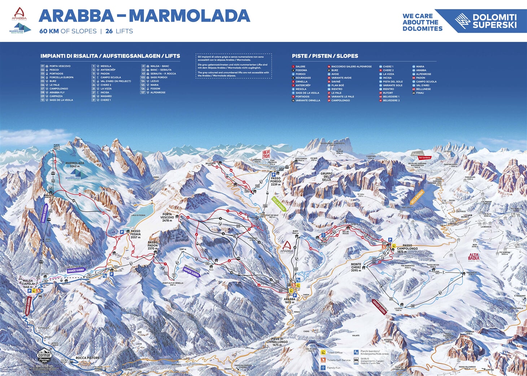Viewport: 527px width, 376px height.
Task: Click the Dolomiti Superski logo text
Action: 494,21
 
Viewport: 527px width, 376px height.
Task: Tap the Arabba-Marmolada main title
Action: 144,16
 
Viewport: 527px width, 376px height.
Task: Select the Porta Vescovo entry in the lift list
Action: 60,66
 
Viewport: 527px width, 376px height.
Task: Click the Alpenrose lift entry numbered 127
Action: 157,92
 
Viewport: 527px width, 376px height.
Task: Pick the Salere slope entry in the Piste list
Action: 300,66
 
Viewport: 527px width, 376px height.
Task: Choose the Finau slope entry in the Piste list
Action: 420,93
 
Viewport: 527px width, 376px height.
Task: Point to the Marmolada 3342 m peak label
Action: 74,165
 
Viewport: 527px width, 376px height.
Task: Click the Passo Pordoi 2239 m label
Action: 275,181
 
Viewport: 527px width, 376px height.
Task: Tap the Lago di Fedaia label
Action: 138,215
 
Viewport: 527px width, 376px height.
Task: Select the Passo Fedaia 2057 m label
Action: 135,234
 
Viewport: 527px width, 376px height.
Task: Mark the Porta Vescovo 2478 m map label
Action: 167,217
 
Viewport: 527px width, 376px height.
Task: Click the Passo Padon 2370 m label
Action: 153,245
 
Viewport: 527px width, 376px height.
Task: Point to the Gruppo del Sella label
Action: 326,176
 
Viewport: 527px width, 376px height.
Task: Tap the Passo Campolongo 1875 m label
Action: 407,248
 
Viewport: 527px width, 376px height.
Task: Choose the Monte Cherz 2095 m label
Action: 356,267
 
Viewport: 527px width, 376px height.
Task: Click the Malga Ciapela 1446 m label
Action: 27,284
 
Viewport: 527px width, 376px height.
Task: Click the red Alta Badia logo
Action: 474,257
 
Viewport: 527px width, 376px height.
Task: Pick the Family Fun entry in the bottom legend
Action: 333,368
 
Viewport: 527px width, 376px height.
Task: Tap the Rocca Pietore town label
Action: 87,358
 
